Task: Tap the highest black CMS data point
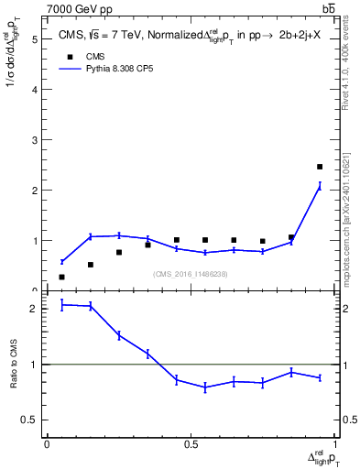(x=320, y=167)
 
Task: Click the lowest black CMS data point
(x=61, y=277)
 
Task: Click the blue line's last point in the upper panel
(x=320, y=186)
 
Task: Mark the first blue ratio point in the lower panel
(x=61, y=304)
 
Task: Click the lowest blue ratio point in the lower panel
(x=205, y=387)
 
